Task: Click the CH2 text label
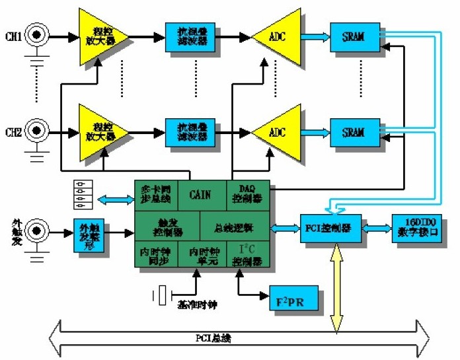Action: [14, 131]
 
